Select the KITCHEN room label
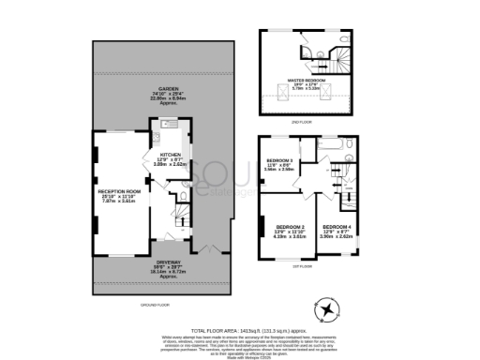pos(170,155)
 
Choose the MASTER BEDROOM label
pos(307,80)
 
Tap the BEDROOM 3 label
pos(280,160)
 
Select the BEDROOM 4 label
pos(338,227)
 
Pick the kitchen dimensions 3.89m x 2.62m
pos(170,165)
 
